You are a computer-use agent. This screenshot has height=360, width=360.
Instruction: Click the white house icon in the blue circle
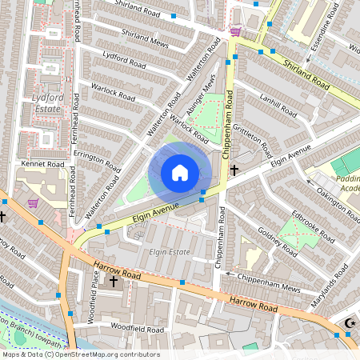pyautogui.click(x=180, y=172)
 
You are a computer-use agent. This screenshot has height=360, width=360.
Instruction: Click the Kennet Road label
pyautogui.click(x=43, y=163)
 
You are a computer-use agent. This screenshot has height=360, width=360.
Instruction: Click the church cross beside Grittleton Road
pyautogui.click(x=234, y=170)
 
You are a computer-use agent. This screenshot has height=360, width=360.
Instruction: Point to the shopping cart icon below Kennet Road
pyautogui.click(x=33, y=202)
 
